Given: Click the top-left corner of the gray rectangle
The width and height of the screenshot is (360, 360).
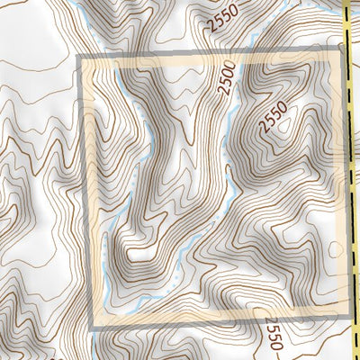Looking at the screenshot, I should coord(84,59).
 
